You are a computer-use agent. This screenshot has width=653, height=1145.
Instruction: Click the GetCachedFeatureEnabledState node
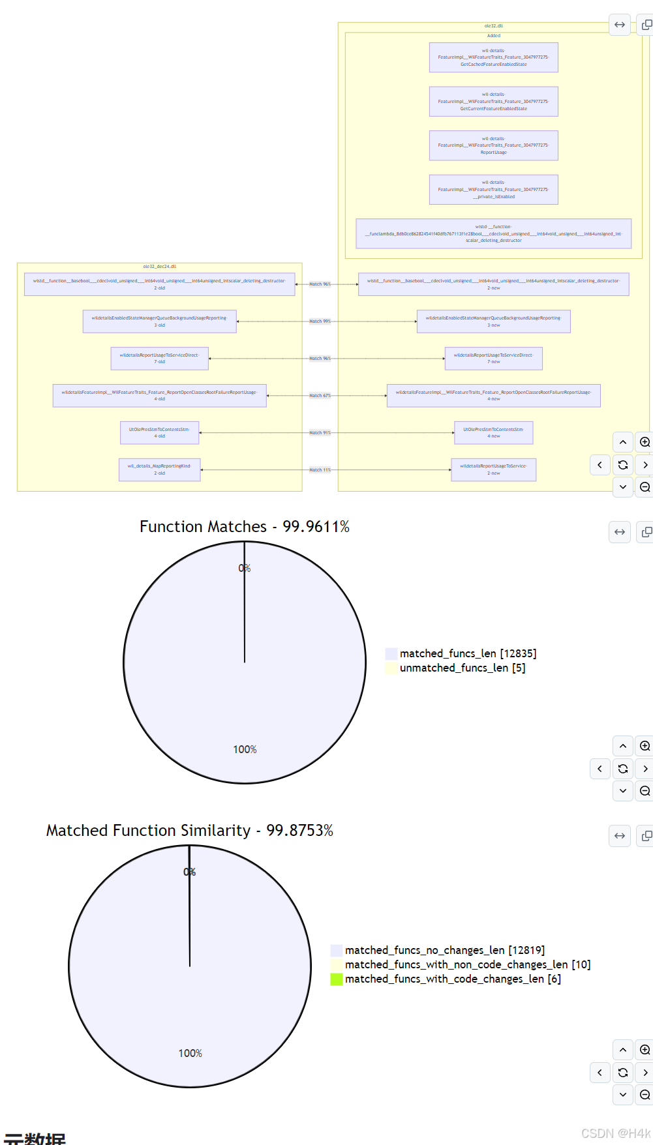coord(493,57)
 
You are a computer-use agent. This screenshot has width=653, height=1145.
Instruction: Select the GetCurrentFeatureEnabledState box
coord(493,102)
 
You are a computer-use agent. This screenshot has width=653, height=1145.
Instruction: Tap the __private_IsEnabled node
coord(493,190)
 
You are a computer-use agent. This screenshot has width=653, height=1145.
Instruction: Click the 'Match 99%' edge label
coord(320,321)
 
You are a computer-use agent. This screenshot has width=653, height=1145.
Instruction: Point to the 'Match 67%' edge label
coord(320,396)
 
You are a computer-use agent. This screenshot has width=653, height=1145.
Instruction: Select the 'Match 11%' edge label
coord(320,470)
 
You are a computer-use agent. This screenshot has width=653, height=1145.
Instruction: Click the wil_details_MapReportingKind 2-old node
coord(159,469)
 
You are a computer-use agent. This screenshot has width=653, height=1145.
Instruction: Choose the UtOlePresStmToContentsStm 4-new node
coord(493,433)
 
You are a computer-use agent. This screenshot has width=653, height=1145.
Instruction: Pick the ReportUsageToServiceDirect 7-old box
coord(159,359)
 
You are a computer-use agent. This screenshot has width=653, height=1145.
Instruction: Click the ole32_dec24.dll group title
coord(159,267)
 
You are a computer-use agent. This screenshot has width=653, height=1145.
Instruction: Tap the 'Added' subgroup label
coord(493,36)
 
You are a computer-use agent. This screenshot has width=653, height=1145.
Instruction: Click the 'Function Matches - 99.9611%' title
coord(245,527)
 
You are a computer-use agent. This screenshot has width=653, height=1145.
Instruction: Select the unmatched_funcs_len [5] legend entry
coord(462,668)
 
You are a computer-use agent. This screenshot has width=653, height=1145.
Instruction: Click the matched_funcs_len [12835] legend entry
coord(468,653)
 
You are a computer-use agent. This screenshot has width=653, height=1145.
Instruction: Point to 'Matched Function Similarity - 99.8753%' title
coord(189,831)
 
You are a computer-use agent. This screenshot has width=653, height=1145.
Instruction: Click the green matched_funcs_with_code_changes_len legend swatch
coord(337,979)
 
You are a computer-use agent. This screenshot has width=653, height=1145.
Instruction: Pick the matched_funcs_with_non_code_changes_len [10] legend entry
coord(467,964)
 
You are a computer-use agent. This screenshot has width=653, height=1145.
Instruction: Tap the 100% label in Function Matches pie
coord(245,750)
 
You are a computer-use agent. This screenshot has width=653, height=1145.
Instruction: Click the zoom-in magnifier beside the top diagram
coord(645,442)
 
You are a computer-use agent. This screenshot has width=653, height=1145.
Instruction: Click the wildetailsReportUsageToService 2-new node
coord(493,469)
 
